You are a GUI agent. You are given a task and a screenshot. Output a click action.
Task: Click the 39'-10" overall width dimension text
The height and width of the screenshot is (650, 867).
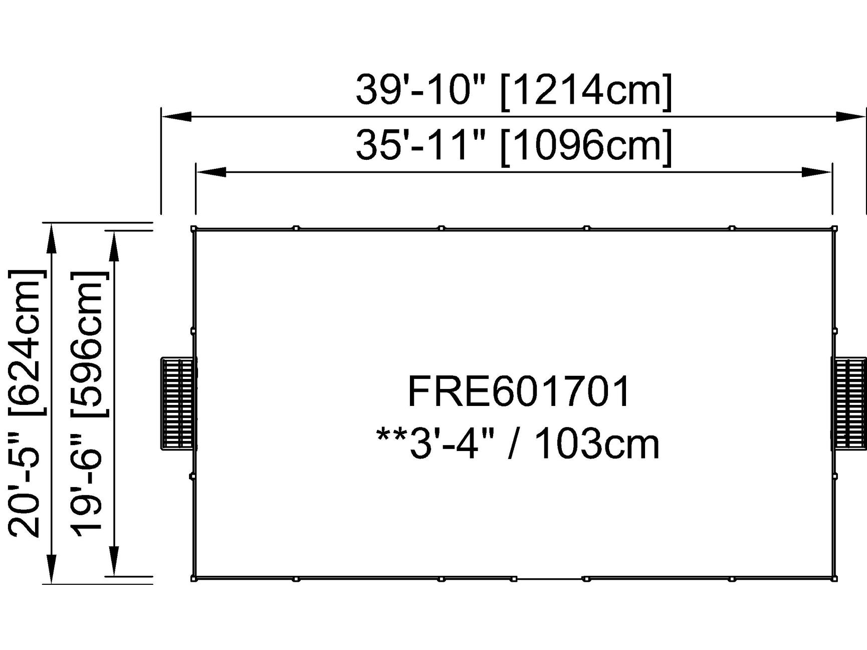(x=420, y=90)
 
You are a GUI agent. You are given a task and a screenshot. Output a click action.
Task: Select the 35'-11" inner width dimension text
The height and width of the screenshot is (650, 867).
(x=420, y=145)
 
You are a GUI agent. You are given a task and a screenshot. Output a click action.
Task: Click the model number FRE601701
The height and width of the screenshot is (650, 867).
(x=519, y=392)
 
